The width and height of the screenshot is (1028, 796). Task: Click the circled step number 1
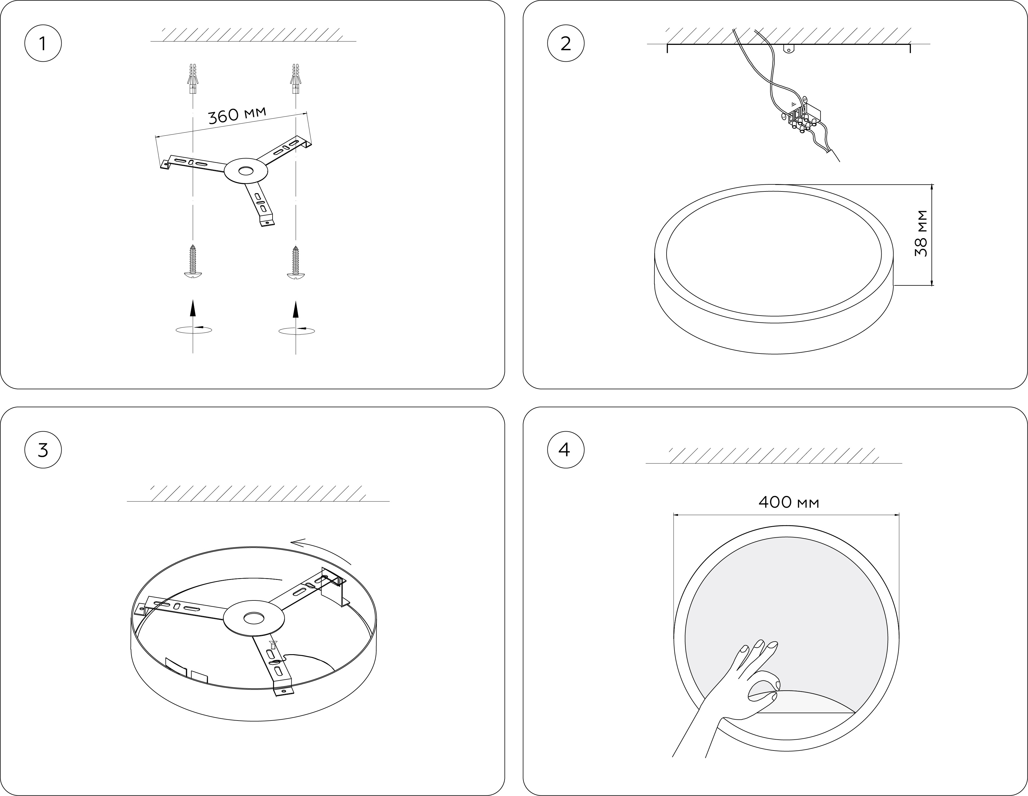(43, 44)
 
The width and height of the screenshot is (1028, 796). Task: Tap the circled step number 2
(566, 44)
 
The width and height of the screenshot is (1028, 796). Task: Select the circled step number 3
(43, 450)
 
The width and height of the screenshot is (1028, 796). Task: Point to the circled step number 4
(566, 450)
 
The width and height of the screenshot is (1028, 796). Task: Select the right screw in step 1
(295, 262)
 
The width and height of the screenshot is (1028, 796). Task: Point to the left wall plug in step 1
(192, 78)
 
